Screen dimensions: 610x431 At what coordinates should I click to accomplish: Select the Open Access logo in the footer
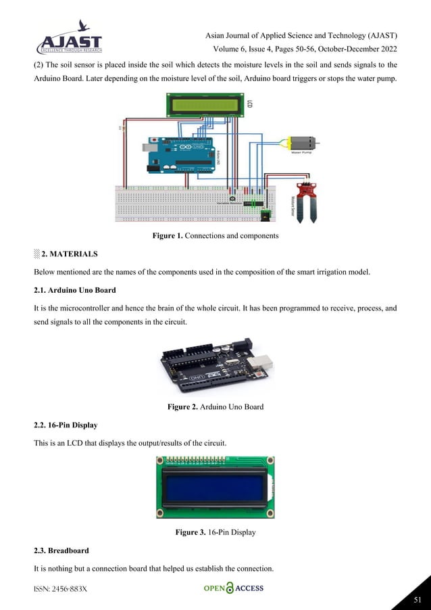[x=234, y=588]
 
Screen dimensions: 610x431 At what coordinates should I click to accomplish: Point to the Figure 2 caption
[x=215, y=406]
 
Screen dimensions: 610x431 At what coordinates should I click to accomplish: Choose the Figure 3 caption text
[x=215, y=532]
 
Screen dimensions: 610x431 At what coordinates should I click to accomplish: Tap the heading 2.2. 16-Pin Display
[x=66, y=425]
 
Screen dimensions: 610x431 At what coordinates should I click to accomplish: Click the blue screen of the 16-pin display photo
[x=213, y=486]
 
